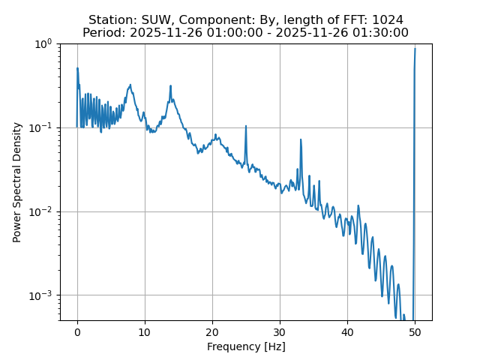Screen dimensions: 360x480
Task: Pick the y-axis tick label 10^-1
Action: (x=42, y=127)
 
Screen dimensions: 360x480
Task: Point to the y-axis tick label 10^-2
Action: (x=42, y=211)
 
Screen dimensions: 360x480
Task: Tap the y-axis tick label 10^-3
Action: (x=42, y=295)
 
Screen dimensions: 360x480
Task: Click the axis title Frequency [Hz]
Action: (x=246, y=346)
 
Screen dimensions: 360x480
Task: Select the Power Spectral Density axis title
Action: (x=16, y=182)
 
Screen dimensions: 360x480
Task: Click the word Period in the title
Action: (x=103, y=32)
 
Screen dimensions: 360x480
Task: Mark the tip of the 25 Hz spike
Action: (x=246, y=126)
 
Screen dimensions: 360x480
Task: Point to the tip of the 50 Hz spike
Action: (x=415, y=49)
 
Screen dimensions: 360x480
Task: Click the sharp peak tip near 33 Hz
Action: (x=301, y=139)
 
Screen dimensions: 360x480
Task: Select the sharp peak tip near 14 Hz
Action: (x=171, y=85)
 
